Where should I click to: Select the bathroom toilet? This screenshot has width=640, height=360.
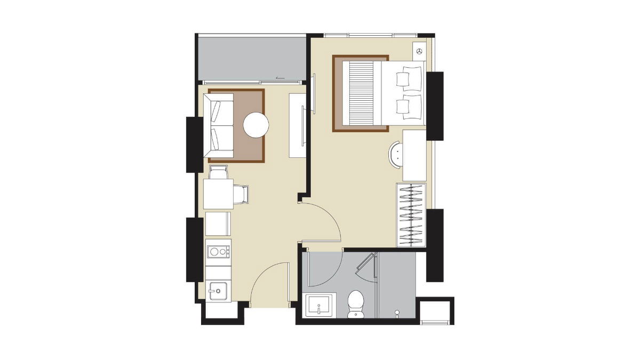coord(356,305)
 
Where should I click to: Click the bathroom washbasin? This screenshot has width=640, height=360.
coord(319,307)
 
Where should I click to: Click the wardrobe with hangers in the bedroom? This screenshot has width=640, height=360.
coord(411,215)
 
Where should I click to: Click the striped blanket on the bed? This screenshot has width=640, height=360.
coord(362,92)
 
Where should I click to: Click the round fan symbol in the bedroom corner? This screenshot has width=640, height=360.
coord(420,51)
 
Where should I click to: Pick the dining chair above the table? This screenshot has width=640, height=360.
coord(218,172)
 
